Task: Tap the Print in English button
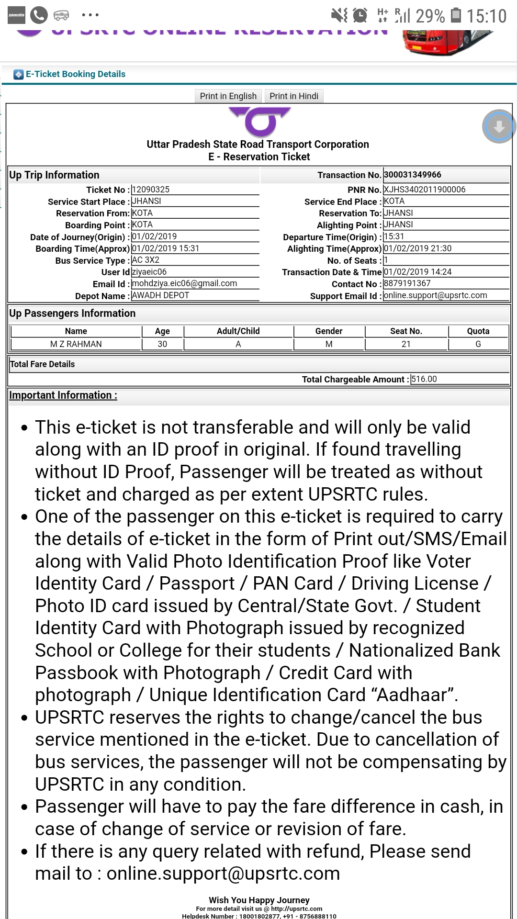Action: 228,96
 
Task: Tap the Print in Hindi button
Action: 294,96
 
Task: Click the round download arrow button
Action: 499,126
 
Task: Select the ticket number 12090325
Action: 151,190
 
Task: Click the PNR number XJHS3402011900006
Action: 425,190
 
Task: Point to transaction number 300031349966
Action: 413,175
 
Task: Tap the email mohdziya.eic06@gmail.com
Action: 185,283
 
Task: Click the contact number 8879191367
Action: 407,283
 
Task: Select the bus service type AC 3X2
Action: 146,260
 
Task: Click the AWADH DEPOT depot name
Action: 161,295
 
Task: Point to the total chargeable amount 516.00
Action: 424,379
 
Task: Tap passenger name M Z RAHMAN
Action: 76,344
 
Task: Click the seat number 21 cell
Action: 406,344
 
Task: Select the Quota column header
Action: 478,331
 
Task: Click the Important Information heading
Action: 63,395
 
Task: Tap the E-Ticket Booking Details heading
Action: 76,74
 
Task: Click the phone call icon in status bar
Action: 39,15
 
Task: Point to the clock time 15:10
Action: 486,16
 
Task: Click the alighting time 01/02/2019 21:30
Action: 418,248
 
